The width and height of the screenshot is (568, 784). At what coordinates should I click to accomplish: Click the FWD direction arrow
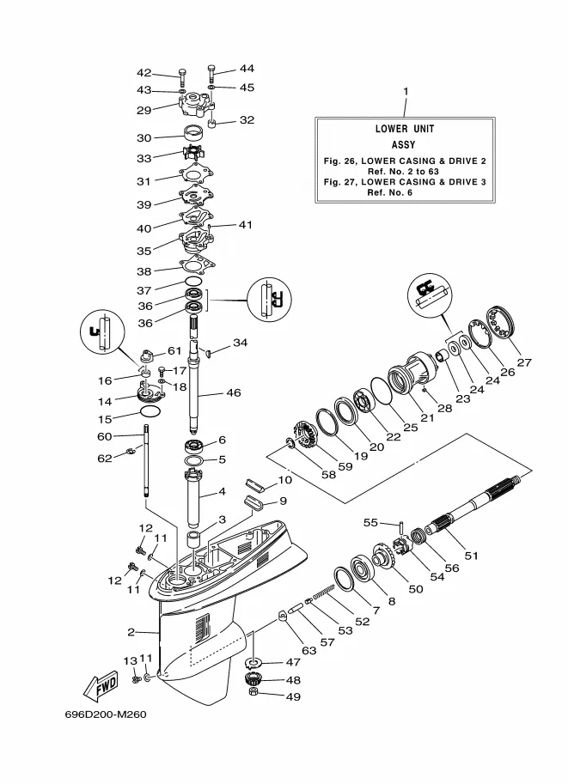point(101,687)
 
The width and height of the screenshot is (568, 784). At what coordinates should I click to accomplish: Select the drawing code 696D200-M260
point(106,714)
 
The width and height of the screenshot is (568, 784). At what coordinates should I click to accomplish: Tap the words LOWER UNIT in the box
point(405,129)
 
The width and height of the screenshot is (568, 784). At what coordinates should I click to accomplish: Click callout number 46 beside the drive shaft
point(233,393)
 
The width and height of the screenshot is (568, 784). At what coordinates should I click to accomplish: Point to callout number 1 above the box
point(406,91)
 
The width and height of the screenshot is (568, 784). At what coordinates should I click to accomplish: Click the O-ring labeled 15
point(150,411)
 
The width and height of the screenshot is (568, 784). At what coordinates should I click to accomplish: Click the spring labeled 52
point(324,592)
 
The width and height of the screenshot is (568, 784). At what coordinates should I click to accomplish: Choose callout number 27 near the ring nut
point(524,362)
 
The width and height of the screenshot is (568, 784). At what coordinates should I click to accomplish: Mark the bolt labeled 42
point(182,78)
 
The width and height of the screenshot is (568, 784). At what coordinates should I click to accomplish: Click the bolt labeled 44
point(211,74)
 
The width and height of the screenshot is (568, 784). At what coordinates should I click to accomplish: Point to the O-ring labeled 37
point(193,282)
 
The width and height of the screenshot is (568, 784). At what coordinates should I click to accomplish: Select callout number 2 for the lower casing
point(131,632)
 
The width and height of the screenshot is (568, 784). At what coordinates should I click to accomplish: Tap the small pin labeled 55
point(402,527)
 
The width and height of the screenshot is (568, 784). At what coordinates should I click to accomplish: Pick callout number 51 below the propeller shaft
point(472,556)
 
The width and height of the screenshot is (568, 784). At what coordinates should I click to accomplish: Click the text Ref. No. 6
point(390,192)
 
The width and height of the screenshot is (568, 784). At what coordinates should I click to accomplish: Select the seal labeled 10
point(255,485)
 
